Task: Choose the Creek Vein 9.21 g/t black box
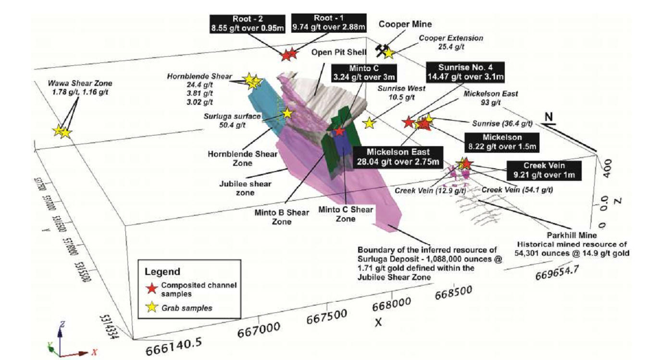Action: coord(543,169)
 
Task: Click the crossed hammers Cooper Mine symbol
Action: coord(381,50)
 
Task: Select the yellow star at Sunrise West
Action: coord(369,123)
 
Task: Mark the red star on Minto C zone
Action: coord(339,131)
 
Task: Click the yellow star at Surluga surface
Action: coord(287,113)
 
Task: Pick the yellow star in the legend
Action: coord(152,308)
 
